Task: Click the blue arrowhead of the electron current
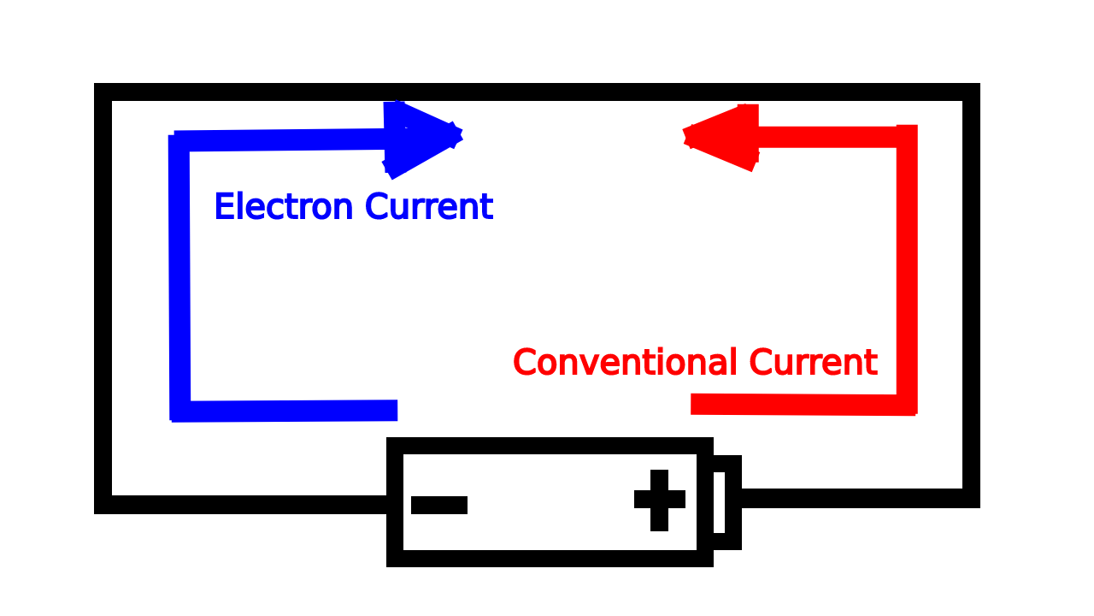[x=419, y=137]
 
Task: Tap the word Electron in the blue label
[x=283, y=207]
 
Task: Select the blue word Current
[x=428, y=207]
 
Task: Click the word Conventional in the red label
[x=625, y=363]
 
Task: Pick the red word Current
[x=813, y=363]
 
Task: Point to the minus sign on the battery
[x=439, y=505]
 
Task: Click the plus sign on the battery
[x=659, y=500]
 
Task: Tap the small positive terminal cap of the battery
[x=726, y=503]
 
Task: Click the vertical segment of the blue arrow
[x=179, y=274]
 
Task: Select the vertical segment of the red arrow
[x=907, y=265]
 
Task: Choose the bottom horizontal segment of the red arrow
[x=795, y=405]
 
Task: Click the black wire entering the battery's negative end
[x=248, y=505]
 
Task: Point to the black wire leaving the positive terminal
[x=855, y=498]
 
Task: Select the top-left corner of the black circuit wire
[x=103, y=92]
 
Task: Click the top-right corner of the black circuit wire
[x=971, y=92]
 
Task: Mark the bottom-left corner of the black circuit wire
[x=103, y=505]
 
